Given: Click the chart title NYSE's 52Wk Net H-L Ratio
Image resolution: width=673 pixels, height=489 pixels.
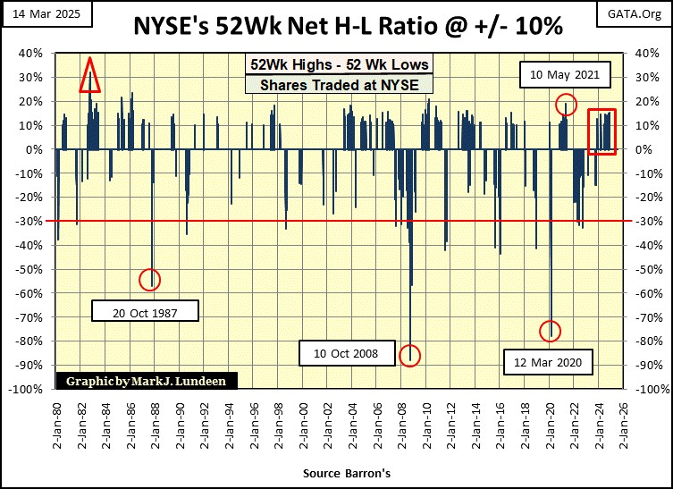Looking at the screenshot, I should (336, 27).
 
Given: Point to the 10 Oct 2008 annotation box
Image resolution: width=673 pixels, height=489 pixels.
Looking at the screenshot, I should (346, 354).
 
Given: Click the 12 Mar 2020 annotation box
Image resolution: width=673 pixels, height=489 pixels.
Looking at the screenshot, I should (548, 362).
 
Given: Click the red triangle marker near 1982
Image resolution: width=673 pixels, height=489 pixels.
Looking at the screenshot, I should (89, 76).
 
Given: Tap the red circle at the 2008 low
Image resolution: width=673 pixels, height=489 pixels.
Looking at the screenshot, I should (409, 354).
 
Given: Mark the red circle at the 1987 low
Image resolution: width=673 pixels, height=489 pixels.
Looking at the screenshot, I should (149, 280).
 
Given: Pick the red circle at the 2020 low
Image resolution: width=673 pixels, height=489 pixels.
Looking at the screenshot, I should (551, 331).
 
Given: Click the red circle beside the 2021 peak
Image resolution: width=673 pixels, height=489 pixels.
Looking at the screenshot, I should (565, 104).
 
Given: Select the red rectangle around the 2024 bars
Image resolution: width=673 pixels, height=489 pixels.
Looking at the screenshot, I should (601, 131).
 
